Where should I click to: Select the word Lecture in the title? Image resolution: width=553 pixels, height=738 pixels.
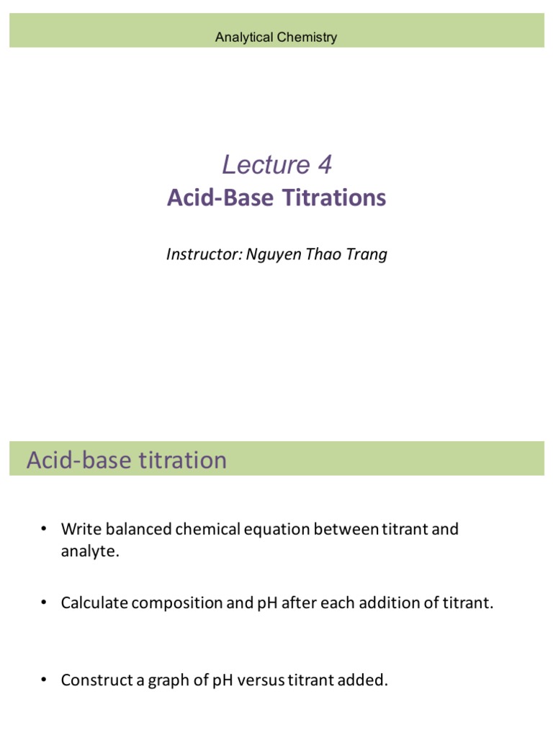pyautogui.click(x=256, y=165)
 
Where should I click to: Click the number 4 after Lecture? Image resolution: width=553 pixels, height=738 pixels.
pyautogui.click(x=324, y=165)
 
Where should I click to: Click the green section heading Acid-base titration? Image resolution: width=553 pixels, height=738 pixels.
pyautogui.click(x=127, y=460)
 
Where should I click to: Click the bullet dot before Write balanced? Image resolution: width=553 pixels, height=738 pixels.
pyautogui.click(x=43, y=529)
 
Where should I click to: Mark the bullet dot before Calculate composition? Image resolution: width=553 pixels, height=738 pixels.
pyautogui.click(x=43, y=602)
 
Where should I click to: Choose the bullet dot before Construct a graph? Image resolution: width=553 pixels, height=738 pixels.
pyautogui.click(x=43, y=679)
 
